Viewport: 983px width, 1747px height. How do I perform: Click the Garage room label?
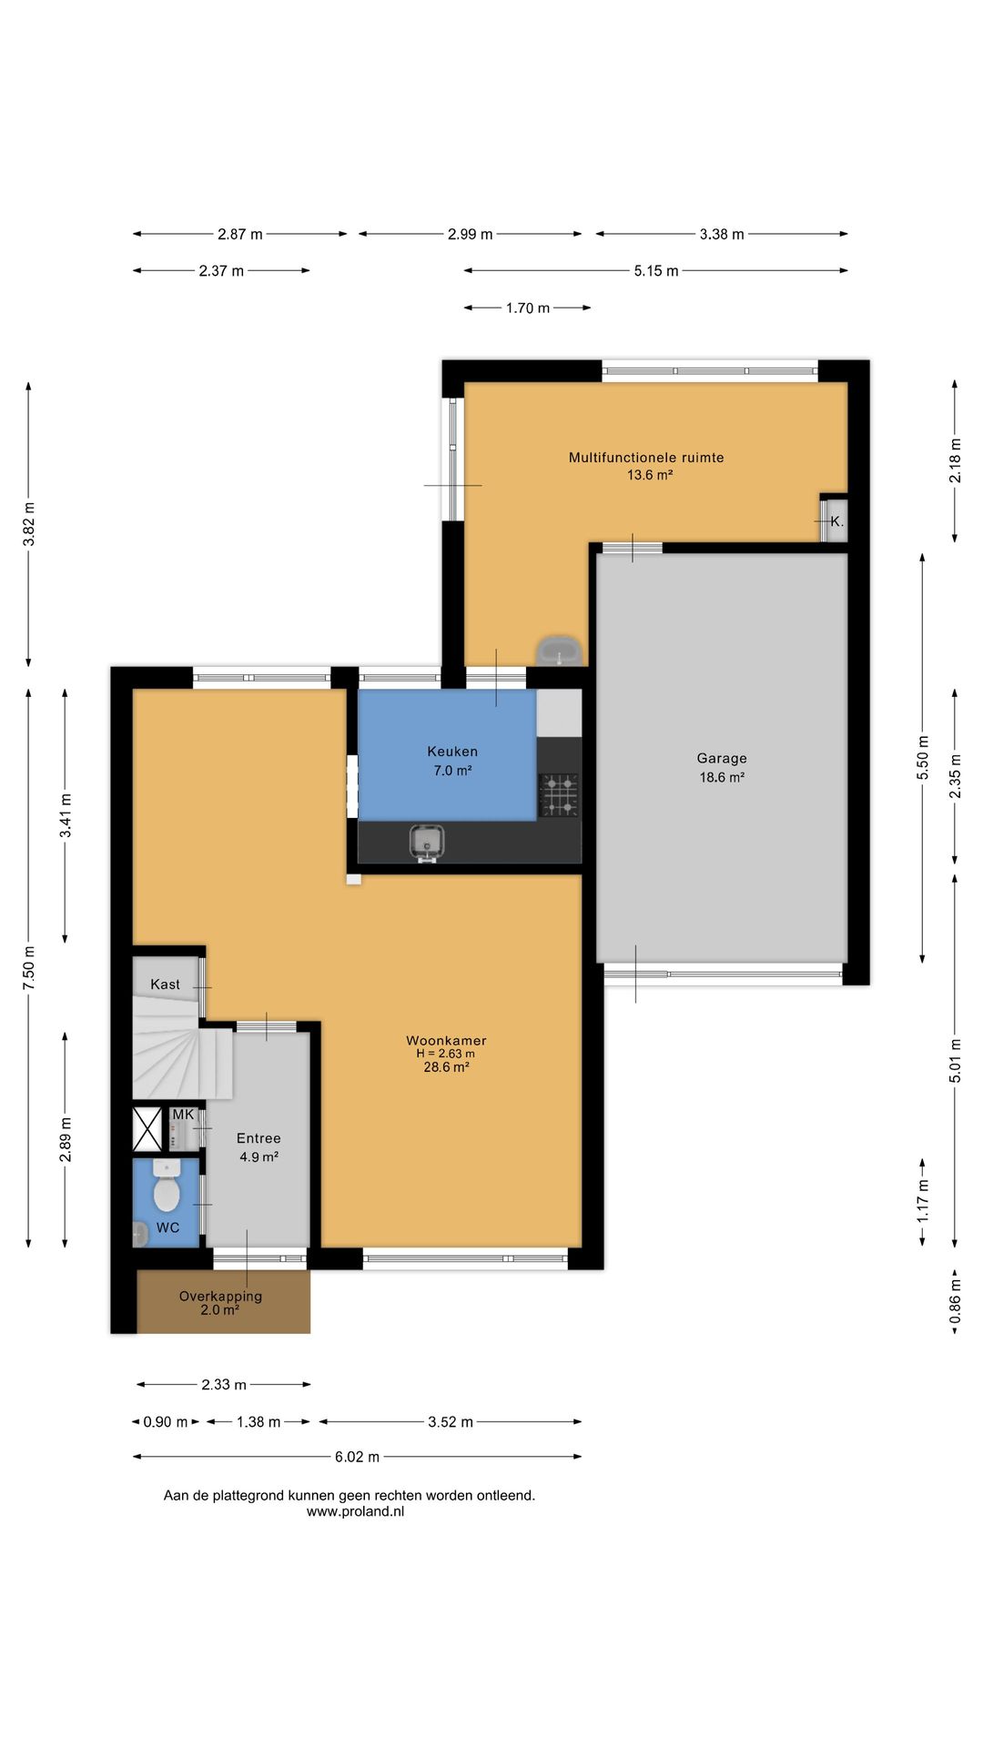pyautogui.click(x=722, y=758)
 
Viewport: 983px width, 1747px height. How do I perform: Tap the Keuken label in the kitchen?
pyautogui.click(x=452, y=752)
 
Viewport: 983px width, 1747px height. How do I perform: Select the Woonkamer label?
pyautogui.click(x=446, y=1040)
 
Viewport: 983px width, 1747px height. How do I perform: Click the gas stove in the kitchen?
pyautogui.click(x=559, y=794)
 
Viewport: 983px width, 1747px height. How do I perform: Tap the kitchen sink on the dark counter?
pyautogui.click(x=426, y=842)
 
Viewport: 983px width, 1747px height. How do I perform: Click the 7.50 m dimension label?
pyautogui.click(x=29, y=968)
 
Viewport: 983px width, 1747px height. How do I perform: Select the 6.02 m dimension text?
pyautogui.click(x=357, y=1457)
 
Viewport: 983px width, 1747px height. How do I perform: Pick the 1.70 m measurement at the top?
pyautogui.click(x=528, y=308)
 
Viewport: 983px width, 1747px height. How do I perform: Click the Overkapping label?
pyautogui.click(x=220, y=1296)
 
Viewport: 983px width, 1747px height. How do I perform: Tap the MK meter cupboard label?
pyautogui.click(x=183, y=1115)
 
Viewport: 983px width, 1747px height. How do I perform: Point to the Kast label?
pyautogui.click(x=165, y=985)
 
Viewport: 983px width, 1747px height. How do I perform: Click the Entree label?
pyautogui.click(x=258, y=1138)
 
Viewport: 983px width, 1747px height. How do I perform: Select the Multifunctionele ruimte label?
pyautogui.click(x=646, y=458)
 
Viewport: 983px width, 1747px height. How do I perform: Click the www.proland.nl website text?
pyautogui.click(x=355, y=1511)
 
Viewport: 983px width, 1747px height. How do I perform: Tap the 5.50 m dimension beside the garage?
pyautogui.click(x=923, y=758)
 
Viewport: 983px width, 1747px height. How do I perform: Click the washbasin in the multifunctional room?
pyautogui.click(x=559, y=651)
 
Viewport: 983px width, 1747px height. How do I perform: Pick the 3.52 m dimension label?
pyautogui.click(x=451, y=1422)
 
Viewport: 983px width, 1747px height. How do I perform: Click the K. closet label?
pyautogui.click(x=836, y=521)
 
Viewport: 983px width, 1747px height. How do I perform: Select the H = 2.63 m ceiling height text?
pyautogui.click(x=445, y=1054)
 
